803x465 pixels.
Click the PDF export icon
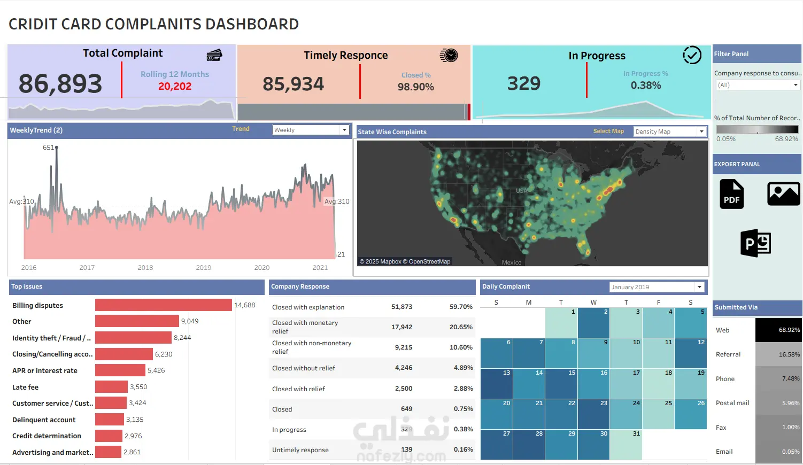731,194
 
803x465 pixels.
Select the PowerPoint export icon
755,243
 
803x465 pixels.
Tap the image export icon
783,193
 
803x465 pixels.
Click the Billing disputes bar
163,305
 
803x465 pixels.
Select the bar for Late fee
111,387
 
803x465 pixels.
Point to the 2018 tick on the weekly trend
145,267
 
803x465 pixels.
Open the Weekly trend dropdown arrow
344,130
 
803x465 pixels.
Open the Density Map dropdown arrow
701,131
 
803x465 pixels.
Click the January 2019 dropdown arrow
699,287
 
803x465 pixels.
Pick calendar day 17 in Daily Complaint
626,383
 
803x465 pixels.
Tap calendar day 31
626,445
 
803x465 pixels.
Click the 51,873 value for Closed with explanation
401,307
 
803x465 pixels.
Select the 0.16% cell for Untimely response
463,449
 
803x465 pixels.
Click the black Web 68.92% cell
778,330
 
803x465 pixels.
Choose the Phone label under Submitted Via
725,379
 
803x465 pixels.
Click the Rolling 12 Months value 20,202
175,87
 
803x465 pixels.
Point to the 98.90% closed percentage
415,87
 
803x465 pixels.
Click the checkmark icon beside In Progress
692,55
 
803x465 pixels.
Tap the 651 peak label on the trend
48,148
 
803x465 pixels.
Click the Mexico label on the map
511,262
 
